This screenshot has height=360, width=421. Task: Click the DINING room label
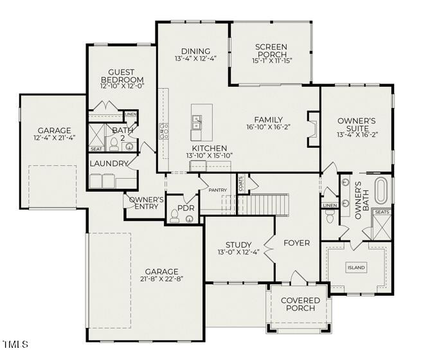[195, 51]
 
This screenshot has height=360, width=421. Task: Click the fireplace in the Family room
[313, 129]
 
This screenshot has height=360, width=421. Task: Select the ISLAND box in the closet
[356, 267]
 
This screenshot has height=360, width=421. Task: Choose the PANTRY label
[218, 190]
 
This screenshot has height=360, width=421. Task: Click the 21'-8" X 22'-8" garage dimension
[161, 280]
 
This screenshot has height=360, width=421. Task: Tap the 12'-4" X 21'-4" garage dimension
[54, 138]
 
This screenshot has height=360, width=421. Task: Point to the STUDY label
[238, 244]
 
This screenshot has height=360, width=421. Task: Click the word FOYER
[296, 243]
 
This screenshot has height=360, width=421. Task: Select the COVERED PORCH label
[298, 304]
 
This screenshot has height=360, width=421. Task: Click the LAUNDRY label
[109, 163]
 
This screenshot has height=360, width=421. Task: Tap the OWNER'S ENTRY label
[147, 203]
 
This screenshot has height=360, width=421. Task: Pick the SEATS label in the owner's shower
[382, 212]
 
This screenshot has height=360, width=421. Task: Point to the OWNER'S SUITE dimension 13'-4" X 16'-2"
[356, 135]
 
